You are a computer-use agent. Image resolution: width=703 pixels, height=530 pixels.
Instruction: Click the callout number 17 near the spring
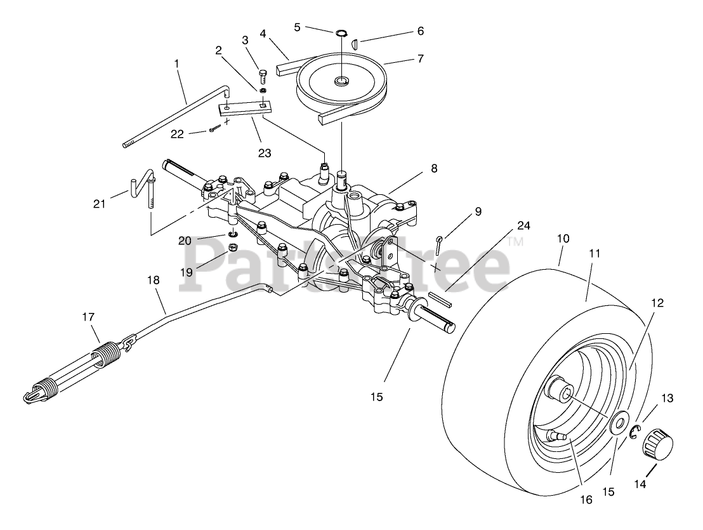coord(88,317)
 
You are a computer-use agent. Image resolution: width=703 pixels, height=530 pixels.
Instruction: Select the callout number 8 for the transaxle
coord(433,168)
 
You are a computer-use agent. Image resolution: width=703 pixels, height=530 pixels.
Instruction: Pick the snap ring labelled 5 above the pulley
coord(341,33)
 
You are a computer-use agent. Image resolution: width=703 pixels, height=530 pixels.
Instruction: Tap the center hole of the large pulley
coord(341,81)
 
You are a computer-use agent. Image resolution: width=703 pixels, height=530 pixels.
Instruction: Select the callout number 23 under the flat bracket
coord(265,153)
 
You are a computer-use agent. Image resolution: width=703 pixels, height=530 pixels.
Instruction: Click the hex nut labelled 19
coord(233,247)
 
